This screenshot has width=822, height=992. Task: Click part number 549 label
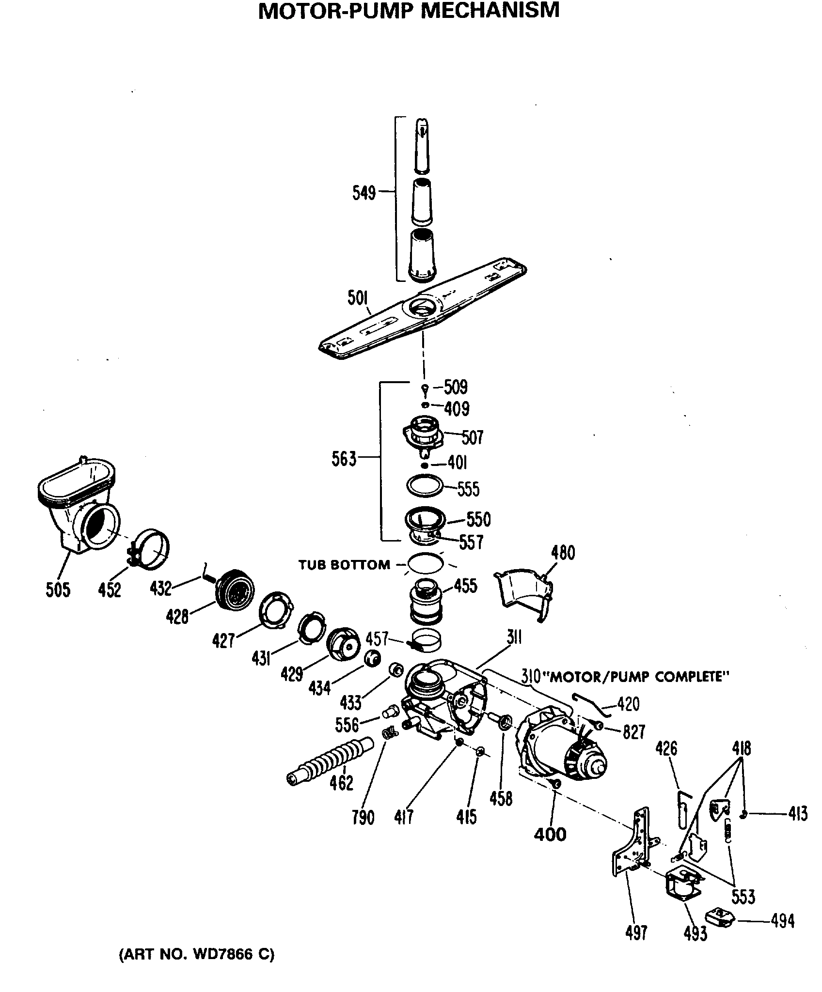[x=364, y=193]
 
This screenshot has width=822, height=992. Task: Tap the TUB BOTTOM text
[x=344, y=565]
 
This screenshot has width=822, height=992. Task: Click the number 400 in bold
[x=550, y=834]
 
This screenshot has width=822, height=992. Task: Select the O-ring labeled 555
[x=425, y=486]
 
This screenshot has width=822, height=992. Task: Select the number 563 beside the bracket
[x=344, y=459]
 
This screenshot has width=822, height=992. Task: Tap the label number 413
[x=797, y=813]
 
